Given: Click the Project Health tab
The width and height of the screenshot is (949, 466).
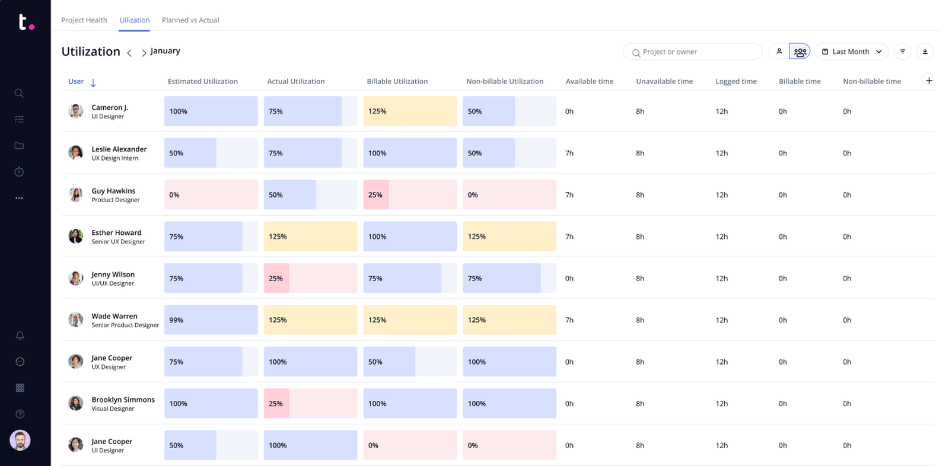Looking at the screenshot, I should [x=84, y=20].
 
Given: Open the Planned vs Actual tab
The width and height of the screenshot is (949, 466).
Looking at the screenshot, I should [x=190, y=20].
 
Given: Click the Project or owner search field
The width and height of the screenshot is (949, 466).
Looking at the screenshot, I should [x=692, y=52].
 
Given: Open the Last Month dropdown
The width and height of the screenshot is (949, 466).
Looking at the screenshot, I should [x=851, y=52].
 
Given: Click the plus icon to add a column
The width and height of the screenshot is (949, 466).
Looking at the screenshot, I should [x=929, y=81].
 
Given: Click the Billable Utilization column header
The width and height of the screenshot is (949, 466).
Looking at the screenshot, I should [x=397, y=81].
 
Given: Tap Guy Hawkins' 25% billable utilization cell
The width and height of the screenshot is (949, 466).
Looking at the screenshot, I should [x=410, y=194].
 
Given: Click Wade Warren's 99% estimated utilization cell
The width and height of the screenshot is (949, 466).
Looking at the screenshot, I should [x=211, y=320].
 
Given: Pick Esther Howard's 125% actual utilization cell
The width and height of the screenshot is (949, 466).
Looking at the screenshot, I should [x=310, y=237].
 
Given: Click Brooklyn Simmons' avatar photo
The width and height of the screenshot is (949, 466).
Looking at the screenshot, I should [x=76, y=403].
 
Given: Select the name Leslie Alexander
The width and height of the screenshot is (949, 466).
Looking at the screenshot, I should [x=119, y=149].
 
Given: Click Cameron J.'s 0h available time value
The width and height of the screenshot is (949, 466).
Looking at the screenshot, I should [x=569, y=111].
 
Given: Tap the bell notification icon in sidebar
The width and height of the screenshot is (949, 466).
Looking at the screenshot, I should [x=20, y=336].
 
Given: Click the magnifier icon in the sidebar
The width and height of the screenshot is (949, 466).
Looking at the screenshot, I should [x=19, y=93].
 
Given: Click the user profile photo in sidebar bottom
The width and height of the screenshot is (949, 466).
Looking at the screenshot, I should [x=20, y=441].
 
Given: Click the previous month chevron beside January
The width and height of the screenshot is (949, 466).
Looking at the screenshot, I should [x=129, y=53].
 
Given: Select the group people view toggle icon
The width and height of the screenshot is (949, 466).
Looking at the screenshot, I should [x=800, y=52].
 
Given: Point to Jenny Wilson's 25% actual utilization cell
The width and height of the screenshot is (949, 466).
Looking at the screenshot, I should [x=310, y=278].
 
